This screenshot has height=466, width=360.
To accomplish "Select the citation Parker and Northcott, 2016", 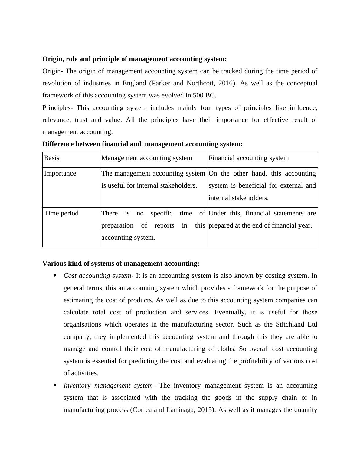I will coord(192,83).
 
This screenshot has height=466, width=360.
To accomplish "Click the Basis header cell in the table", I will coord(52,158).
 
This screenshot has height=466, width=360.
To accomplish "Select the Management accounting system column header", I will coord(147,158).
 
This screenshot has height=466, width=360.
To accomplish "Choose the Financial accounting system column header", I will coord(249,158).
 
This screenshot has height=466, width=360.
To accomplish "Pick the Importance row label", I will coord(60,173).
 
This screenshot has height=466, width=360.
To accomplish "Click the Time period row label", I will coord(61,213).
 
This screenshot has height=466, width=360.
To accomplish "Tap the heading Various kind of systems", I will coord(121,264).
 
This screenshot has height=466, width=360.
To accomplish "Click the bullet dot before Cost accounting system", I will coord(55,275).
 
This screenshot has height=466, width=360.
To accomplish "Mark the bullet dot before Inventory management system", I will coord(55,385).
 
